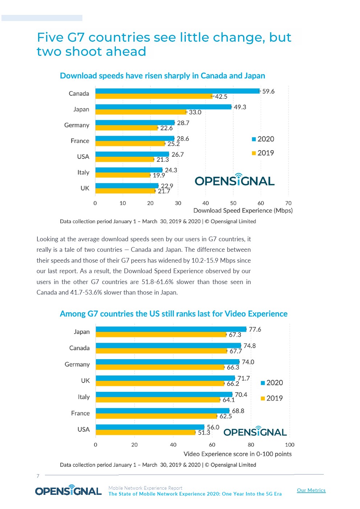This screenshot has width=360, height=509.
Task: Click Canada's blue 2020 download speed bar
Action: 178,91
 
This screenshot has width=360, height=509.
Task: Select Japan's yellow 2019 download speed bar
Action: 141,112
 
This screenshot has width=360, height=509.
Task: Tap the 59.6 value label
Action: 268,91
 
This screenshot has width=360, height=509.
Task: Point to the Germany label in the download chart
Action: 77,125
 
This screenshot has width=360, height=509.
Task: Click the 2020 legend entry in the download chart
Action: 263,139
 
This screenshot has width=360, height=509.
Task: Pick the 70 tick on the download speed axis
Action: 289,203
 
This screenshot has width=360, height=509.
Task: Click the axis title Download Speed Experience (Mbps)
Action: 243,211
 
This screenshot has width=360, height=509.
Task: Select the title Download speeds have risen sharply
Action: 162,76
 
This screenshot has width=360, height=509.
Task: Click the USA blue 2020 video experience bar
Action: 150,427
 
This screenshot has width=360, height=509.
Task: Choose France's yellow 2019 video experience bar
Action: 156,416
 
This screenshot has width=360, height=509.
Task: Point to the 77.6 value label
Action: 255,329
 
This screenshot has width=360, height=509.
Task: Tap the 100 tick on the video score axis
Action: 290,445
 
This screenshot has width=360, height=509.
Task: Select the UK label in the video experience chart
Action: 85,381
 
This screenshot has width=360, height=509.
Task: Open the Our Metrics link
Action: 311,490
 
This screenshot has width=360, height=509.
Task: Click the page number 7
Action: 38,476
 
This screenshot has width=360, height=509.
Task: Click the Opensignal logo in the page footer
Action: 68,490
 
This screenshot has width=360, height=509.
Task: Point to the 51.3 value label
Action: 204,433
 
